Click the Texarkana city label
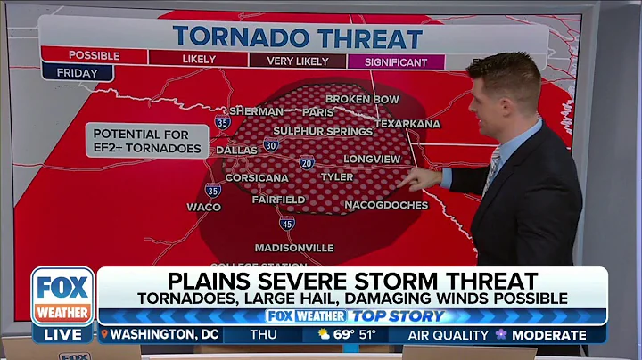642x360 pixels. (x=407, y=124)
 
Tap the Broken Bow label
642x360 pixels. (x=360, y=99)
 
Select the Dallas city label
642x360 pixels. (x=236, y=151)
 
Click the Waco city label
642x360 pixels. (x=203, y=207)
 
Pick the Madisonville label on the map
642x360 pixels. (x=294, y=247)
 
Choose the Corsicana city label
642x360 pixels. (x=258, y=177)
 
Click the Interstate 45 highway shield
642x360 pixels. (x=286, y=223)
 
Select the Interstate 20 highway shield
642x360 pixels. (x=307, y=162)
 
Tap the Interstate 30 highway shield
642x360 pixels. (x=271, y=144)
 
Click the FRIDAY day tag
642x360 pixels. (x=77, y=73)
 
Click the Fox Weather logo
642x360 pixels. (x=62, y=296)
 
